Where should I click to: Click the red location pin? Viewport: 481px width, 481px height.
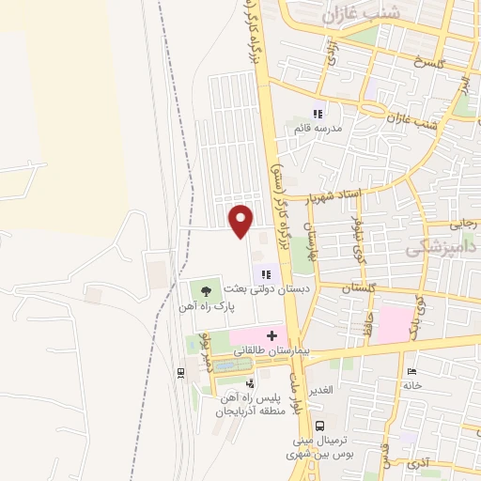point(241,220)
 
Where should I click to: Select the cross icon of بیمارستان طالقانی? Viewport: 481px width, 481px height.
point(273,335)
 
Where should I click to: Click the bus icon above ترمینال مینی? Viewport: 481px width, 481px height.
point(319,425)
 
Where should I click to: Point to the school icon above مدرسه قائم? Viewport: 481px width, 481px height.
point(317,114)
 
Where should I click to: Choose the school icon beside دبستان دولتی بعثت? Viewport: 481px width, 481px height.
point(268,274)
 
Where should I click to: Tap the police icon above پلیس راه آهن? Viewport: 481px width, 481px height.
point(249,383)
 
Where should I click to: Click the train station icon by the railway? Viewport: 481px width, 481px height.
point(180,373)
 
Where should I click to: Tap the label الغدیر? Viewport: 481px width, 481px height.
point(332,391)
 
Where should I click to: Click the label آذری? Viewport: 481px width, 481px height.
point(417,463)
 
